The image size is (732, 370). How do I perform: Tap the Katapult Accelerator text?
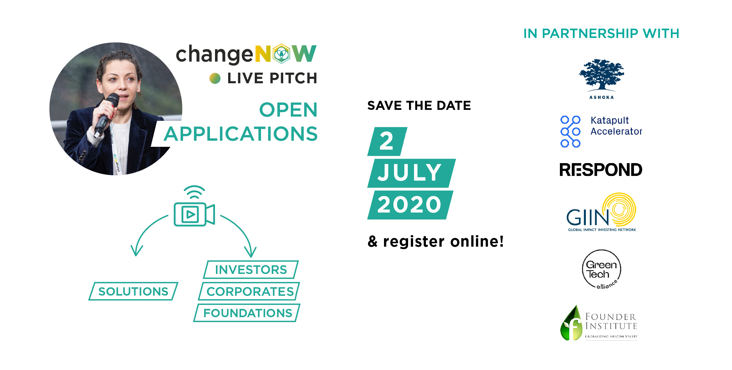point(616,126)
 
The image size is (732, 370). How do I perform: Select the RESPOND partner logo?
point(601,170)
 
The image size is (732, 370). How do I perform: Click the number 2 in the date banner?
point(387,141)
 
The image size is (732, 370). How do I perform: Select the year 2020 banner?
point(410,205)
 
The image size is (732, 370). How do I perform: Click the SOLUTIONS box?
point(133,291)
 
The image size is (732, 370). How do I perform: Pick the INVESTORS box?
point(251,270)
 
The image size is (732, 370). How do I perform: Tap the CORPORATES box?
point(249,291)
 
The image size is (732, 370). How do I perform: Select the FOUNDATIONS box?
point(247,313)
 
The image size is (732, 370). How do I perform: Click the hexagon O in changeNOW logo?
point(281,54)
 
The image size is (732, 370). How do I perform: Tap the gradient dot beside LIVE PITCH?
point(215,78)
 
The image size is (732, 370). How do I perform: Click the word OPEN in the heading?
point(288,110)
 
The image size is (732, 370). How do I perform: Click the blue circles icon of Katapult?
point(570,131)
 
